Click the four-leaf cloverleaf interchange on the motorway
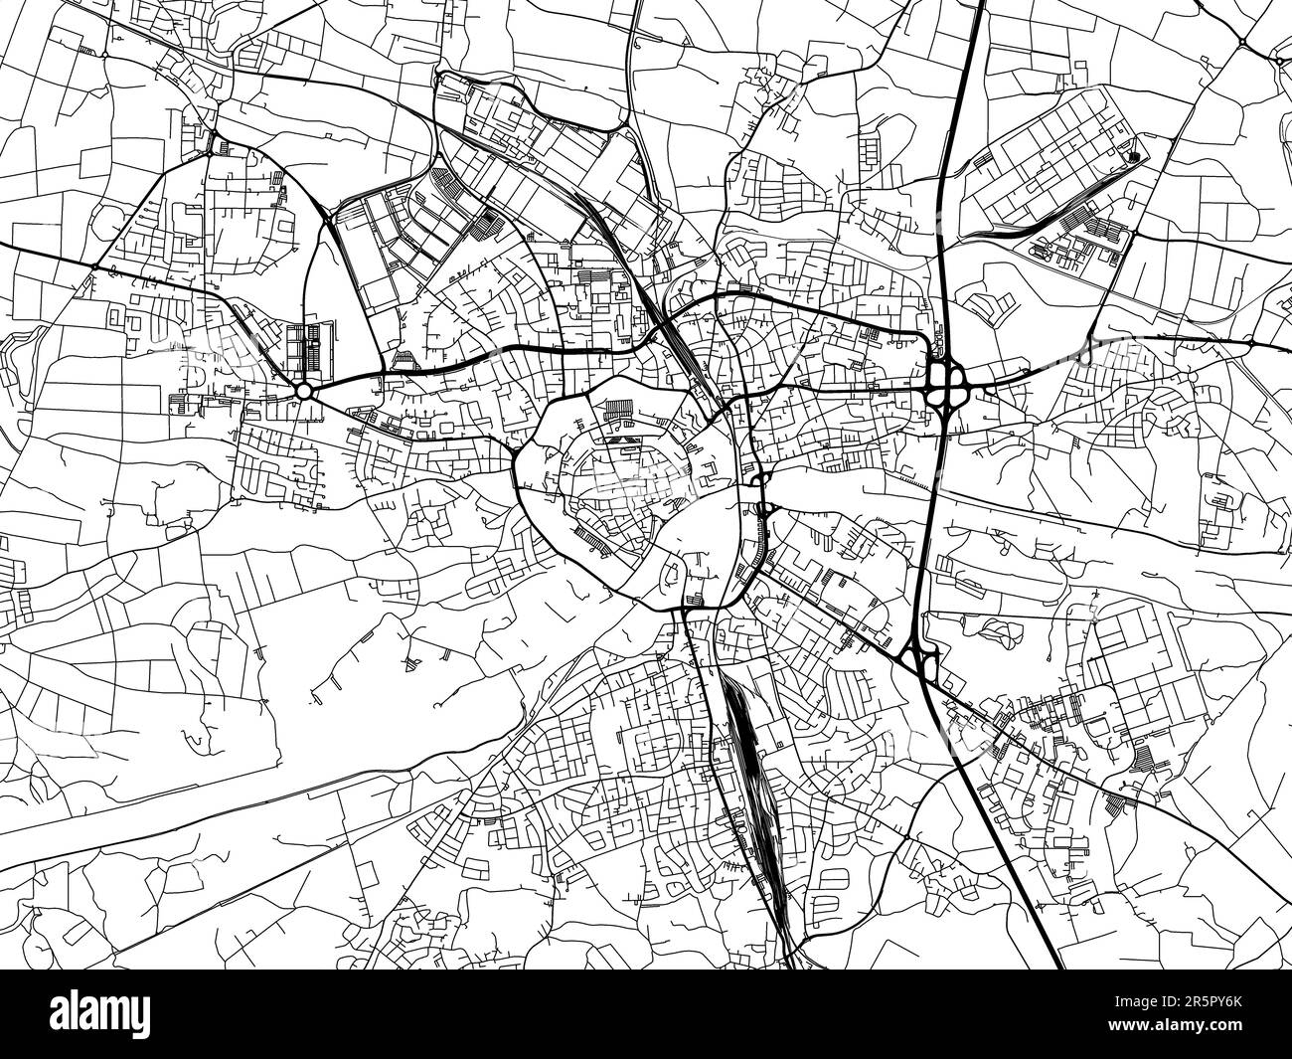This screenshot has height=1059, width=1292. coord(948,381)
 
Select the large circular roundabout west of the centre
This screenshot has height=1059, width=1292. coord(303,392)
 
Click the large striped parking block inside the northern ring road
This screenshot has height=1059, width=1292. coord(618,408)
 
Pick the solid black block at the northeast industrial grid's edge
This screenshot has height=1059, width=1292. coord(1134,155)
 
